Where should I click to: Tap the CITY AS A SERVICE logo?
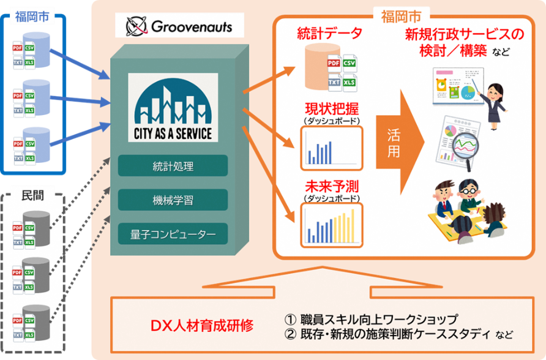pos(173,108)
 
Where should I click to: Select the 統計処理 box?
pos(173,166)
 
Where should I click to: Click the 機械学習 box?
pos(173,200)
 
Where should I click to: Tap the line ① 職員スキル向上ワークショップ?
pos(371,320)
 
